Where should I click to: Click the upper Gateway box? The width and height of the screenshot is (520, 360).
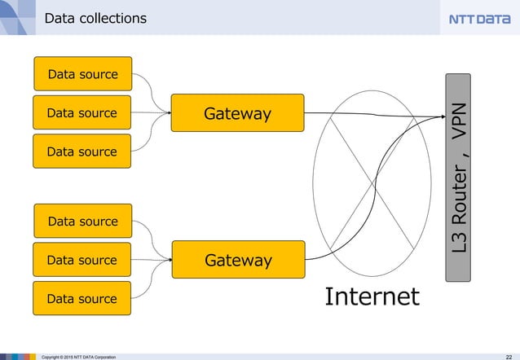point(237,113)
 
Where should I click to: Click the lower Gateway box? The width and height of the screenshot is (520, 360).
point(238,260)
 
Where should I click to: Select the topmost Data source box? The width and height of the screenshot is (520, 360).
point(82,74)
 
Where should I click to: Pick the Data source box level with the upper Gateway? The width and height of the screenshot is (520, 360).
point(82,112)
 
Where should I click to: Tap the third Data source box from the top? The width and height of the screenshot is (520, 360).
point(82,151)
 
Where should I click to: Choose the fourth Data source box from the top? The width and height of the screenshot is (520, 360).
point(82,222)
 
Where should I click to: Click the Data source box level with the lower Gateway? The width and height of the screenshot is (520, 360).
point(82,260)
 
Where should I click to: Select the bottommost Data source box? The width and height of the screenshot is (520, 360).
point(82,299)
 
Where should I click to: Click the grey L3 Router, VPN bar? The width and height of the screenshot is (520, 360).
point(459,178)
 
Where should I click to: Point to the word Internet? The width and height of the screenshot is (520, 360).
point(372,296)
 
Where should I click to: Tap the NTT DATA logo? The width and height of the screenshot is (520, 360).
point(479,19)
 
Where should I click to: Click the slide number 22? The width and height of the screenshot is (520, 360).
point(509,356)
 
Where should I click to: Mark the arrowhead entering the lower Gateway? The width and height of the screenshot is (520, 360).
point(169,260)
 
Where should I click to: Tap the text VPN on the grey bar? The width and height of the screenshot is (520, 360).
point(460,121)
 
